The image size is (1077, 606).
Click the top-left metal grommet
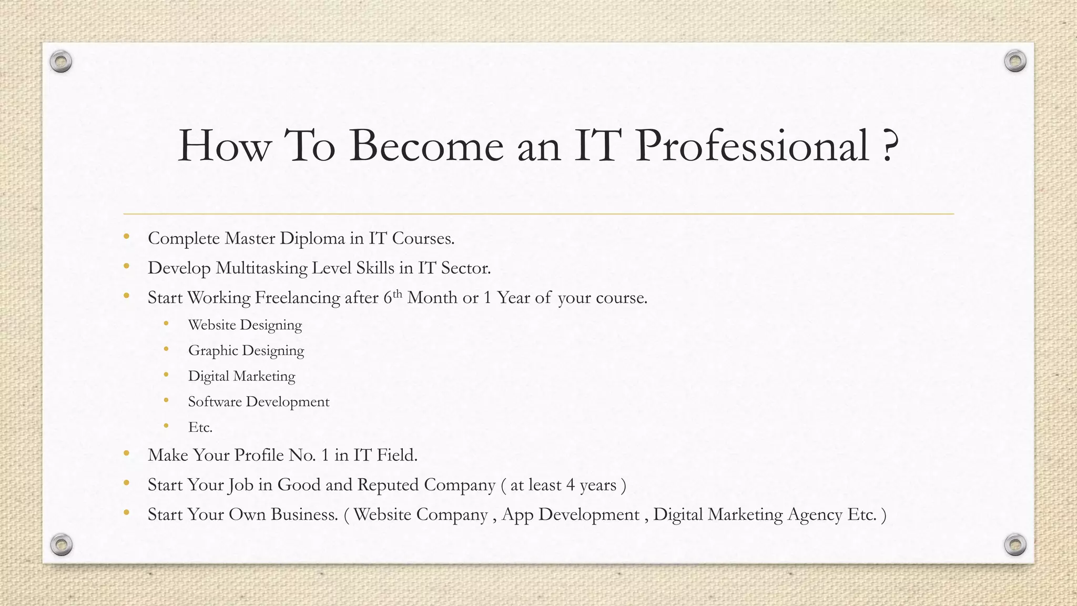pyautogui.click(x=61, y=62)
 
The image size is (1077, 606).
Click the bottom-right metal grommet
pyautogui.click(x=1015, y=544)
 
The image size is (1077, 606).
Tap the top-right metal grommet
pyautogui.click(x=1015, y=61)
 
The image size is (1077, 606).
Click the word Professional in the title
pyautogui.click(x=752, y=146)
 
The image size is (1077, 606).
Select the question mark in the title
pyautogui.click(x=889, y=146)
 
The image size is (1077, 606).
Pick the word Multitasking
pyautogui.click(x=261, y=268)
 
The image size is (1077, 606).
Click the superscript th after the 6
pyautogui.click(x=398, y=293)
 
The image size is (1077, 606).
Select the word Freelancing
pyautogui.click(x=298, y=298)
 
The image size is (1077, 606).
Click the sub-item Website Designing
pyautogui.click(x=245, y=325)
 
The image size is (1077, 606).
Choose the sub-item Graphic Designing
pyautogui.click(x=246, y=351)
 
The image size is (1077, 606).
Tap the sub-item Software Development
pyautogui.click(x=259, y=402)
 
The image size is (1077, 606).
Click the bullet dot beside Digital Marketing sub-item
pyautogui.click(x=166, y=375)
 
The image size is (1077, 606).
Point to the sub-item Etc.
pyautogui.click(x=200, y=427)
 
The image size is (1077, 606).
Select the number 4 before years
pyautogui.click(x=570, y=485)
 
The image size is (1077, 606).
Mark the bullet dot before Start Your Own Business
pyautogui.click(x=126, y=512)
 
